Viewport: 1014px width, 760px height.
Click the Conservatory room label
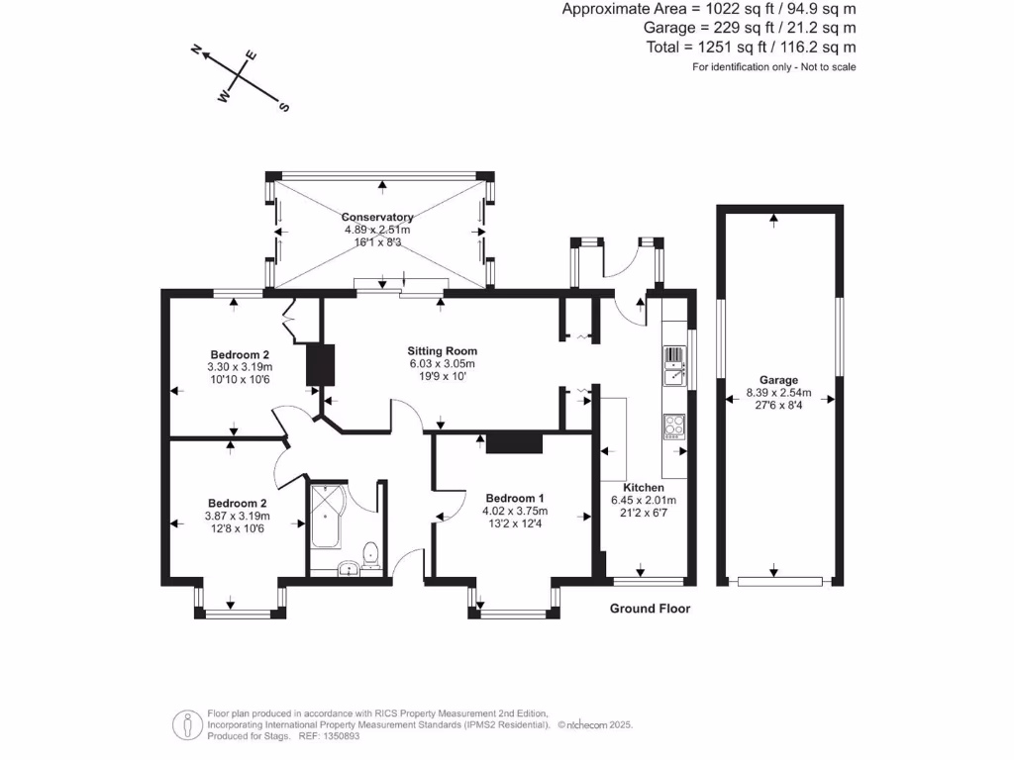point(377,217)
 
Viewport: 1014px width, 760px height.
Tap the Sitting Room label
point(443,350)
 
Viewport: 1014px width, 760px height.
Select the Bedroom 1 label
point(514,498)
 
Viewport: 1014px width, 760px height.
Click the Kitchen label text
point(643,488)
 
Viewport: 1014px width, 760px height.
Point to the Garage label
point(778,379)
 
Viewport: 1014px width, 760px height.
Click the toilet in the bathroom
point(370,552)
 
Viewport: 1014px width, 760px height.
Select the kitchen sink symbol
point(673,365)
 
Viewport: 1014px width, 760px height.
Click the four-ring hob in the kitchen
point(674,426)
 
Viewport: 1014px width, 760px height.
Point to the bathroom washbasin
point(348,568)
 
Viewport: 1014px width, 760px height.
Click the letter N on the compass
point(197,49)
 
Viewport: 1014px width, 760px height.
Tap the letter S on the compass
point(284,107)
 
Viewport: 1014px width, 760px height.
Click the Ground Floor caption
point(650,609)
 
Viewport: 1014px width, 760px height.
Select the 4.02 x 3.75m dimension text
point(514,512)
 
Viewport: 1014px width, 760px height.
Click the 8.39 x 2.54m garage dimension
point(778,392)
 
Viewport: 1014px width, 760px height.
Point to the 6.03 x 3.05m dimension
point(443,363)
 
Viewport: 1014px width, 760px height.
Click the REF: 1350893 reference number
point(326,736)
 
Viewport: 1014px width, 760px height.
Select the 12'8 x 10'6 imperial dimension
point(237,528)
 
